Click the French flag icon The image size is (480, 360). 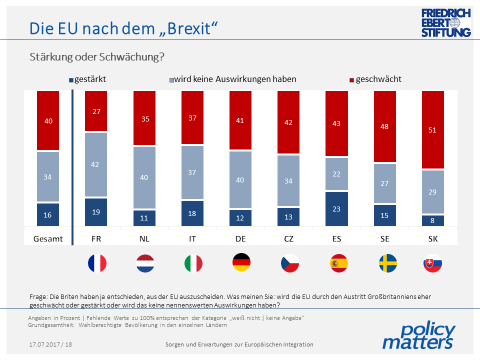97,264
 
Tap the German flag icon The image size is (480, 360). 241,264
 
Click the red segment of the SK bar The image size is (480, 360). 433,129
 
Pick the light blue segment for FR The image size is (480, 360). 97,164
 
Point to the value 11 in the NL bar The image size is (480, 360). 145,217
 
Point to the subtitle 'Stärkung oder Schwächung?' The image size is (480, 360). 88,56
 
